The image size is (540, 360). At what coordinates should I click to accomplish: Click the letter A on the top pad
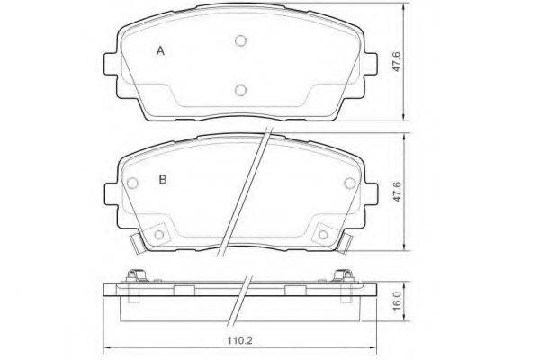point(160,51)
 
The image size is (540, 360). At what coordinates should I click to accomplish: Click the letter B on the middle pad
point(163,179)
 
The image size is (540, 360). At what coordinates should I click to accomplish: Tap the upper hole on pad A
point(240,41)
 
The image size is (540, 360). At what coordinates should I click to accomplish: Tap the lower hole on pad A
point(240,90)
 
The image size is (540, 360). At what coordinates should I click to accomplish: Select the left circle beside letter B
point(132,184)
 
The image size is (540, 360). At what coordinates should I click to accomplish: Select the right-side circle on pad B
point(350,184)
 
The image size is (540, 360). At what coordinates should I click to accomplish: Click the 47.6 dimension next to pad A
point(397,62)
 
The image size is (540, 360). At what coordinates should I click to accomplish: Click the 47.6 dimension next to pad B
point(397,192)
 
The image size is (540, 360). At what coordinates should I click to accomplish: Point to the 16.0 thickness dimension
point(397,301)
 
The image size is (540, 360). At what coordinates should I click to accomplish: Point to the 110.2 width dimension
point(240,341)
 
